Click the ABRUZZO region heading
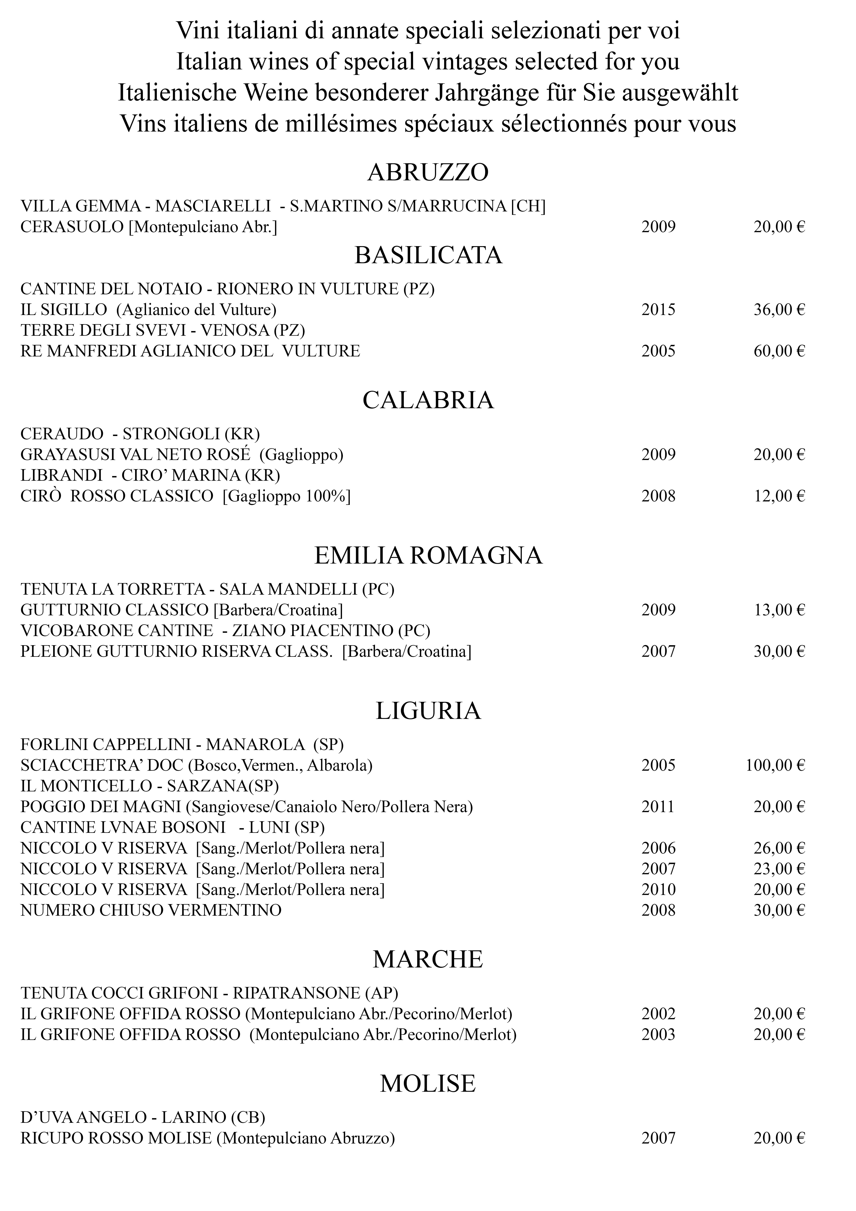coord(428,172)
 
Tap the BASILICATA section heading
coord(428,255)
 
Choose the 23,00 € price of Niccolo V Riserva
coord(779,869)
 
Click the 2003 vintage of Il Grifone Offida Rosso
coord(658,1035)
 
